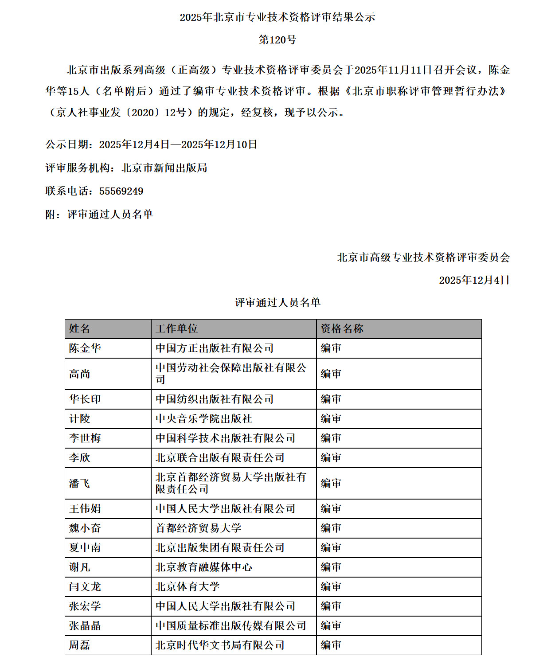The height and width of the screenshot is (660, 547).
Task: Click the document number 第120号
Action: point(277,40)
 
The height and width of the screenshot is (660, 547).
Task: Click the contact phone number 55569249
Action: point(121,191)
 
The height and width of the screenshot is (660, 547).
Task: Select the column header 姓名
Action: point(80,328)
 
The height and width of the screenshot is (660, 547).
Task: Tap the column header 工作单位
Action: point(176,328)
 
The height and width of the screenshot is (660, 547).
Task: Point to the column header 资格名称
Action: point(342,328)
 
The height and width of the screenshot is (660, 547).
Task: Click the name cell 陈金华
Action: point(85,348)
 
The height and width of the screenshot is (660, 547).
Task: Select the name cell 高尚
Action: point(80,374)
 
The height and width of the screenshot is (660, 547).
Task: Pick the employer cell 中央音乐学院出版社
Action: point(204,418)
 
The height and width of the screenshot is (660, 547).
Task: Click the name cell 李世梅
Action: point(85,438)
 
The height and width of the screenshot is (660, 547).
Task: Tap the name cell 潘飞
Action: point(80,483)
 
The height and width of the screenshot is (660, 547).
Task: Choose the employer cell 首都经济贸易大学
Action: point(198,528)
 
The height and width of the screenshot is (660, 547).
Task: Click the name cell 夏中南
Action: point(85,547)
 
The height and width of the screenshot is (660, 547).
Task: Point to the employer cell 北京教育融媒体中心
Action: point(204,567)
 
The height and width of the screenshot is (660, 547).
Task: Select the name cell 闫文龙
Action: point(85,586)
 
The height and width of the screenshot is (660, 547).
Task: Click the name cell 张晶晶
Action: point(85,625)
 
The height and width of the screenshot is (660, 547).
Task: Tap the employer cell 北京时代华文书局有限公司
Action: point(220,645)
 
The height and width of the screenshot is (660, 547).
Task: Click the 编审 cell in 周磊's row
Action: point(331,645)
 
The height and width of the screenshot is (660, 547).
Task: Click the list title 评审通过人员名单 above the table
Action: point(277,302)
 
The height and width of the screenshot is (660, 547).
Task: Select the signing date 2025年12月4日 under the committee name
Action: point(474,280)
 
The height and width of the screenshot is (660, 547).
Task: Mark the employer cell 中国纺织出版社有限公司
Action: point(215,399)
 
